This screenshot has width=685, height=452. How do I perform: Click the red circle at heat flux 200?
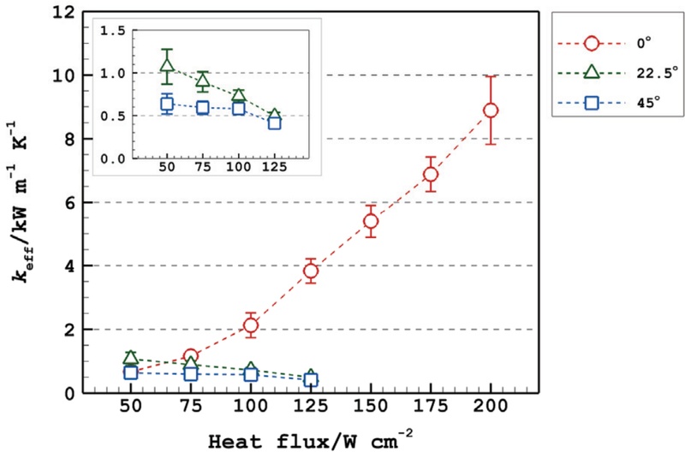[490, 110]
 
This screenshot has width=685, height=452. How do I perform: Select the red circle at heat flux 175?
[430, 174]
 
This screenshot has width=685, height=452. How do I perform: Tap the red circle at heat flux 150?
[371, 222]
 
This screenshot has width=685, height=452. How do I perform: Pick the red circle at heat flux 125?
[311, 271]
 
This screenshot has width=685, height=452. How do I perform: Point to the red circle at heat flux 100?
[251, 325]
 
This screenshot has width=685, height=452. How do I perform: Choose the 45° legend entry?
[605, 103]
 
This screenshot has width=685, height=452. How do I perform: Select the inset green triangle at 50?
[167, 64]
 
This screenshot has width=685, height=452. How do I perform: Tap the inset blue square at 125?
[274, 122]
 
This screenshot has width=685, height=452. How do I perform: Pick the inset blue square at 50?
[167, 104]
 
